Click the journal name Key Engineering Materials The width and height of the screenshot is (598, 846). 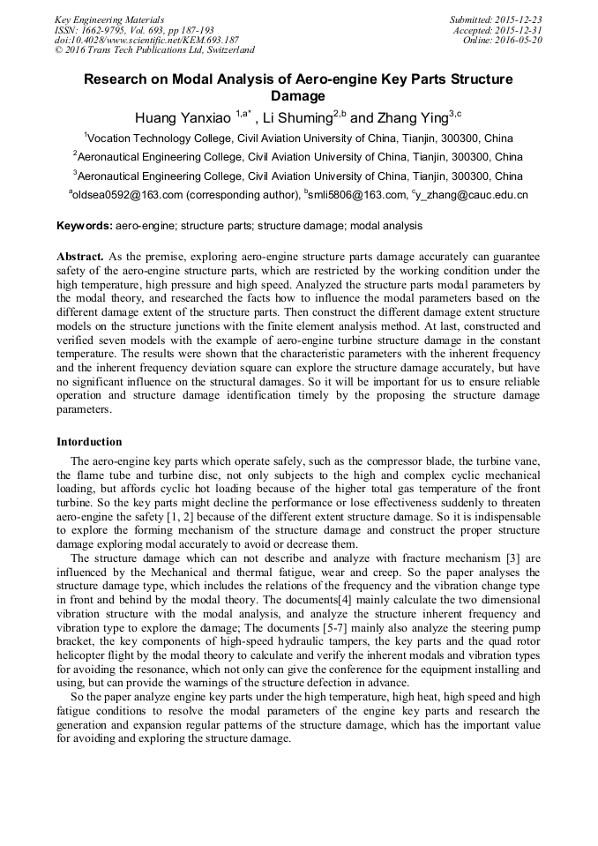(109, 19)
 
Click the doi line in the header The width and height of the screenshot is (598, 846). (146, 40)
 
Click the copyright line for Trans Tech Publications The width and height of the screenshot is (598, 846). (154, 50)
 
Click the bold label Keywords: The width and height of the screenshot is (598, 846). (85, 226)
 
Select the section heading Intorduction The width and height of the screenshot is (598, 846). (89, 441)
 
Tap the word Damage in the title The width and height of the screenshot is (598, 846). (297, 96)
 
